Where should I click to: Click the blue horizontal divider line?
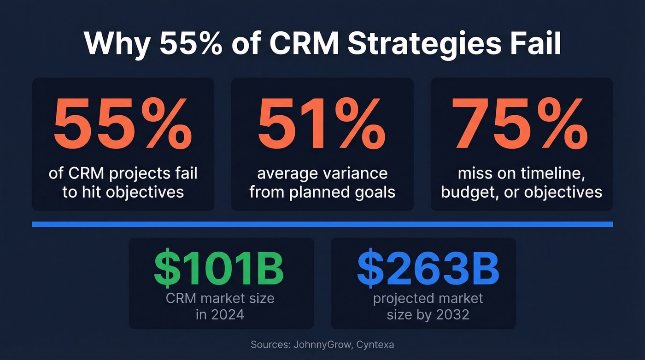point(322,224)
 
